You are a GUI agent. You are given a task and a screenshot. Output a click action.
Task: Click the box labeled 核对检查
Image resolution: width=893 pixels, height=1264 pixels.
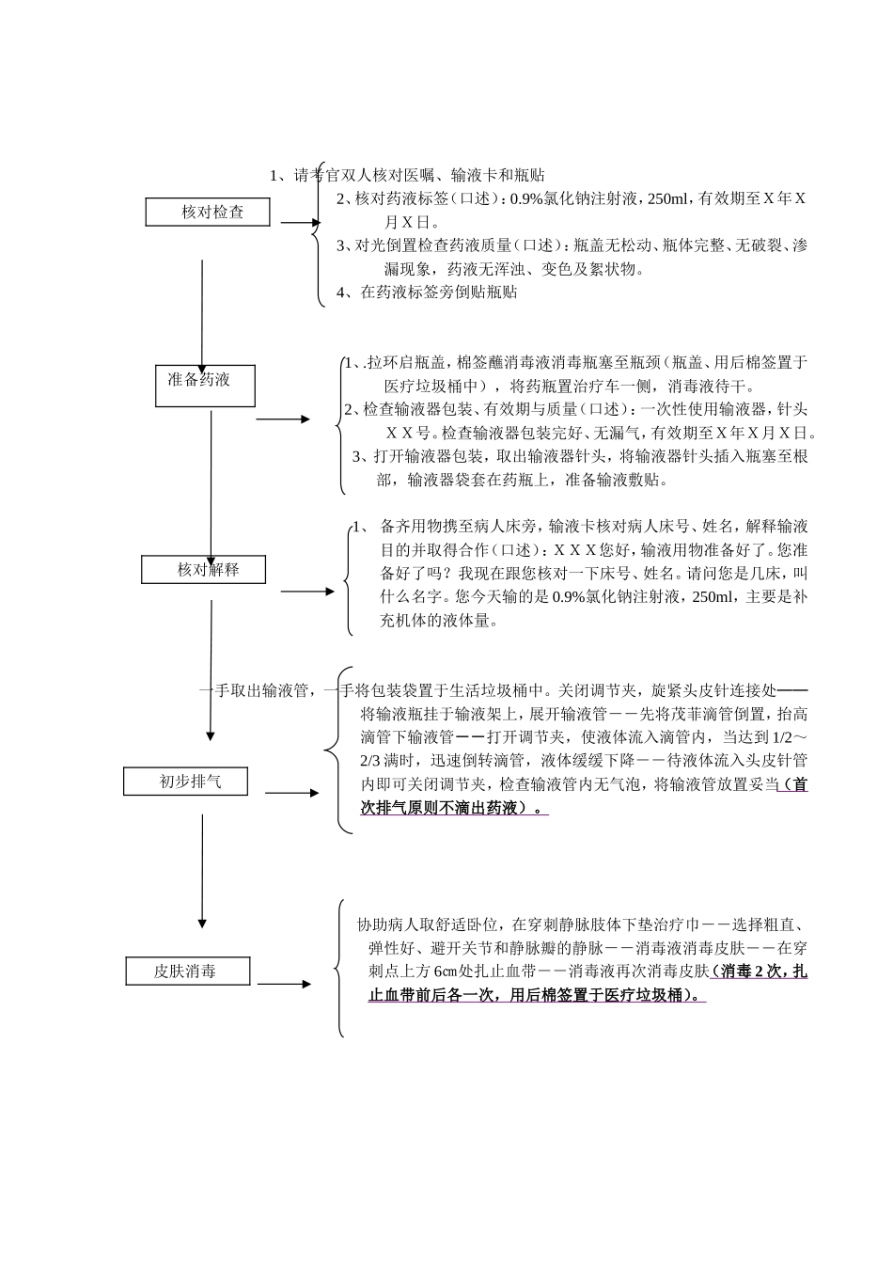click(208, 213)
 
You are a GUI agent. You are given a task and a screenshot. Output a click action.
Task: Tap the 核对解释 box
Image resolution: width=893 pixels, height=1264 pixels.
click(204, 570)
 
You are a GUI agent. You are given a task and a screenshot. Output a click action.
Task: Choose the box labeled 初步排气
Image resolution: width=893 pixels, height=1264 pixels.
click(185, 782)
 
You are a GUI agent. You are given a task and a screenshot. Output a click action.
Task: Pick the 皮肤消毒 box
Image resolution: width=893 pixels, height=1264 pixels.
click(188, 972)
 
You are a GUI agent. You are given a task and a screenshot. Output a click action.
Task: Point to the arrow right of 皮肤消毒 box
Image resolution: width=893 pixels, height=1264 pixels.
click(284, 984)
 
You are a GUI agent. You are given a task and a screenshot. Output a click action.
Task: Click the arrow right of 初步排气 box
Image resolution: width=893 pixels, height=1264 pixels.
click(292, 793)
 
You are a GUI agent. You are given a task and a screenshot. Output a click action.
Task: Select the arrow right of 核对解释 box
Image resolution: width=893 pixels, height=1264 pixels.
click(307, 592)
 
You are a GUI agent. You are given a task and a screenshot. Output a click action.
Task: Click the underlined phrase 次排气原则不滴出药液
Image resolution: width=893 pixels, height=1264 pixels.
click(442, 809)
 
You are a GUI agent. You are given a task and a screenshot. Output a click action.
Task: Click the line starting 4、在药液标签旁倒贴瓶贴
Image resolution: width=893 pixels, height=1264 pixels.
click(428, 292)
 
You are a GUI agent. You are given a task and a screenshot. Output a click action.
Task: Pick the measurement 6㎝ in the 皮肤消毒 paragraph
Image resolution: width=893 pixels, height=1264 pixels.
click(445, 972)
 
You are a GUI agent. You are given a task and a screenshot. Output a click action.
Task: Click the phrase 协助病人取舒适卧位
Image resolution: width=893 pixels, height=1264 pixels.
click(429, 924)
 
